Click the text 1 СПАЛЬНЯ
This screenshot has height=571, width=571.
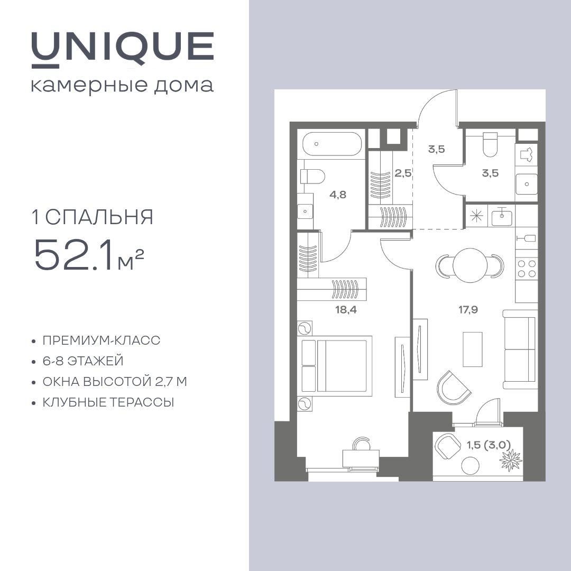[x=92, y=217]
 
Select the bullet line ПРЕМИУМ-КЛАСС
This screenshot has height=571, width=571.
[x=101, y=340]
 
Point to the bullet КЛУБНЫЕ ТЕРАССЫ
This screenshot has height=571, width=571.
[x=108, y=402]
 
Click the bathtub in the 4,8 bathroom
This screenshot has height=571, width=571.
[x=332, y=143]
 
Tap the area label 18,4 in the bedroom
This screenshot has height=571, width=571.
[x=346, y=310]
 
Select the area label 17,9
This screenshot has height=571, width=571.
[x=468, y=310]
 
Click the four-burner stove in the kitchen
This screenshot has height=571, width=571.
[x=527, y=268]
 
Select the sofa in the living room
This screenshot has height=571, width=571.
[x=520, y=349]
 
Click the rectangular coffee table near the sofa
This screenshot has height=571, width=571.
[x=472, y=349]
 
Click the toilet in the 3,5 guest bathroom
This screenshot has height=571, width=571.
[x=490, y=144]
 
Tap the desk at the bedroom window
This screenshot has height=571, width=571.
[x=361, y=458]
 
